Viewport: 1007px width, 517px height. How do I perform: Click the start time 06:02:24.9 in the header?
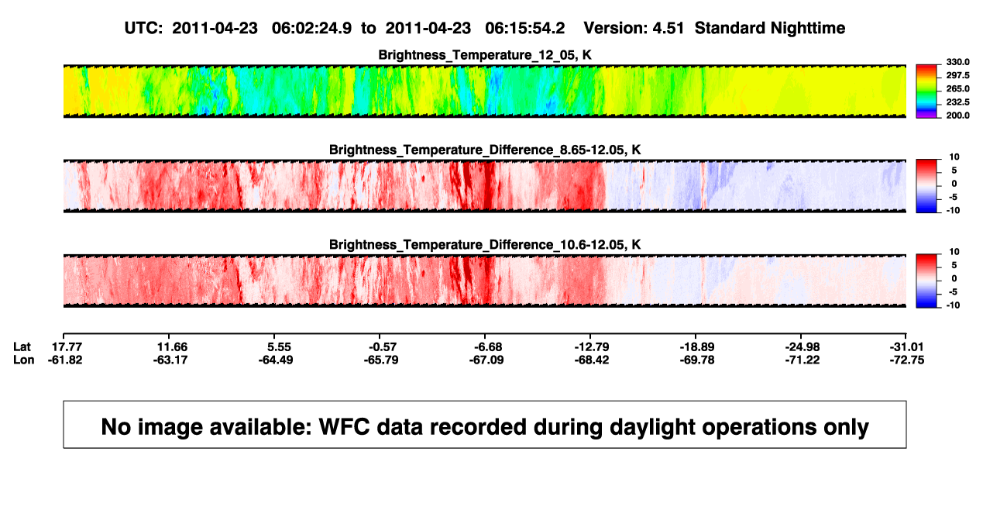click(311, 28)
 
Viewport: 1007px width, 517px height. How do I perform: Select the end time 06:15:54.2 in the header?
click(524, 28)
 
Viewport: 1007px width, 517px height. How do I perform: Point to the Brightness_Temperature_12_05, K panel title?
click(485, 55)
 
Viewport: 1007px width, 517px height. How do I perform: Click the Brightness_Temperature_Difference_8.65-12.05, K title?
click(485, 150)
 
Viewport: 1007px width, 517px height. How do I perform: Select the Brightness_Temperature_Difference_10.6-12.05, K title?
click(485, 245)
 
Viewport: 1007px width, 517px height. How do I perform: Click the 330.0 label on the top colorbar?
click(957, 62)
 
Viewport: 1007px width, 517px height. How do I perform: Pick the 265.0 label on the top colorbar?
click(957, 88)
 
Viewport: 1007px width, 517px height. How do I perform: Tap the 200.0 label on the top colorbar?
click(957, 115)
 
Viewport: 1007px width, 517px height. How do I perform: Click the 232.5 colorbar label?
click(957, 102)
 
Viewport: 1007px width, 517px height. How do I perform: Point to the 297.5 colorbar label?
click(957, 75)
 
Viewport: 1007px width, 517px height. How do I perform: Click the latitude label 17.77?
click(67, 347)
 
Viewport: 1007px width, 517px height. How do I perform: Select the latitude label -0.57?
click(383, 347)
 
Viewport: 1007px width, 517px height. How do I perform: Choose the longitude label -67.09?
click(486, 360)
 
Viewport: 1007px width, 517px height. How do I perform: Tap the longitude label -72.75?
click(907, 360)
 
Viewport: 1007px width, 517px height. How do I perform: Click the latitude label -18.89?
click(697, 347)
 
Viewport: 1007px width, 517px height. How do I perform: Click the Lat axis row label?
click(22, 347)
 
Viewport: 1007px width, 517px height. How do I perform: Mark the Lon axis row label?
click(23, 360)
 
